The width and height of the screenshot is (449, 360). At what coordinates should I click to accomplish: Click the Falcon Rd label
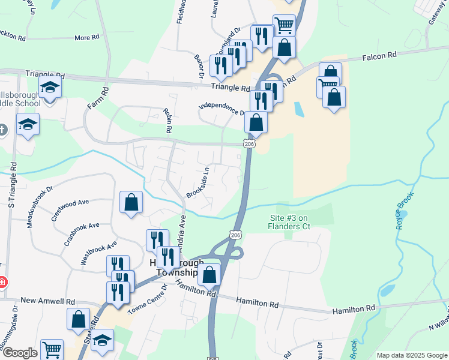[x=379, y=55]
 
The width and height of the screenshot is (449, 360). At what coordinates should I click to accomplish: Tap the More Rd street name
[x=86, y=38]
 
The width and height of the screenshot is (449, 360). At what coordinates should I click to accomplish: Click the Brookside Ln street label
[x=198, y=182]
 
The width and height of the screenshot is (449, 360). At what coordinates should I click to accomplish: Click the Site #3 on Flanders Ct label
[x=289, y=222]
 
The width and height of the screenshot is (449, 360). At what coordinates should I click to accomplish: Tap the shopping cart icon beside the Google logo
[x=52, y=349]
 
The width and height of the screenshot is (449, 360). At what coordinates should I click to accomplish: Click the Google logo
[x=19, y=353]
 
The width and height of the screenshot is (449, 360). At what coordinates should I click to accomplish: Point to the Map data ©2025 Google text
[x=412, y=355]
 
